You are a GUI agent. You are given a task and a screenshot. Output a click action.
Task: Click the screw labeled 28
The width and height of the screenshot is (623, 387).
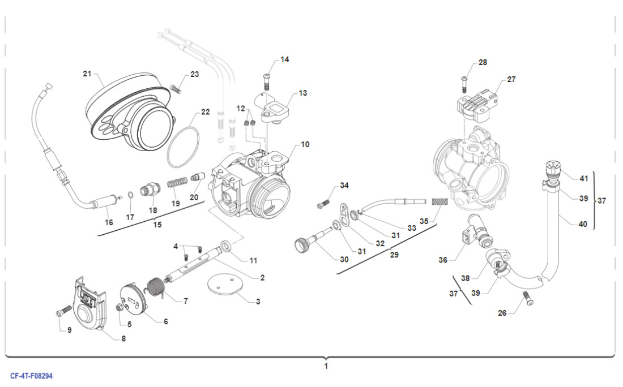[464, 84]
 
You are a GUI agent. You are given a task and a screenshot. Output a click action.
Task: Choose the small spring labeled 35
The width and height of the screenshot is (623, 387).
[440, 201]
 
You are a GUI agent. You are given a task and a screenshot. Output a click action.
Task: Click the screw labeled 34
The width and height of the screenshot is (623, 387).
[326, 200]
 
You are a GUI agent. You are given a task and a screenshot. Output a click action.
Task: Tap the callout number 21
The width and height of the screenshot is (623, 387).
[87, 74]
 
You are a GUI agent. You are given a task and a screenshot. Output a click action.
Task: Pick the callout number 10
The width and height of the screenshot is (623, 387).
[305, 144]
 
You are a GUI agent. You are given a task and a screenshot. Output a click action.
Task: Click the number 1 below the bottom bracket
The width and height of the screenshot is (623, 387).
[326, 366]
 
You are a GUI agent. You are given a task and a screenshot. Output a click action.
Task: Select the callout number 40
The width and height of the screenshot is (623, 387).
[582, 223]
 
